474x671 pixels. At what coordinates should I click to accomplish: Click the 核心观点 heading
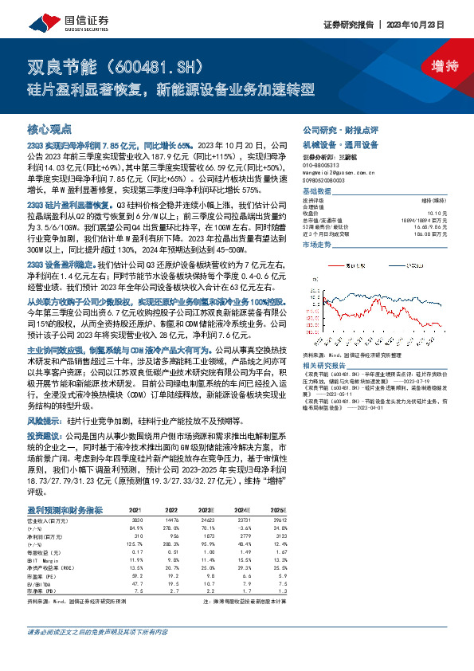point(49,128)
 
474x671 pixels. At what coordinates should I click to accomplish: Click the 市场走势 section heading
point(316,245)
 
